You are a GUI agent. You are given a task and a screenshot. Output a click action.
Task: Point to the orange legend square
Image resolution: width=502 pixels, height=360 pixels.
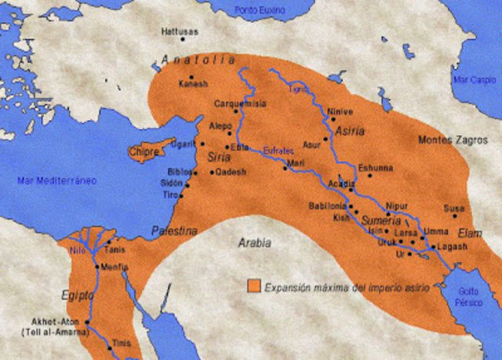[253, 287]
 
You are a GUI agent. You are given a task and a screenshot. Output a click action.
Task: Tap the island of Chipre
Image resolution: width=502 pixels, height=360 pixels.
[147, 151]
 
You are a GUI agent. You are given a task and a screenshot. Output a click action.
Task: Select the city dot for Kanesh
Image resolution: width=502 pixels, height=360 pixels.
[191, 76]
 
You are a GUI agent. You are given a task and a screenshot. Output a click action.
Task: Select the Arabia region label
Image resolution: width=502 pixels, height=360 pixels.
[254, 243]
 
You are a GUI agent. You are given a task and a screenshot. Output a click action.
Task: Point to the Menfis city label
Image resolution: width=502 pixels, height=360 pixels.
[114, 267]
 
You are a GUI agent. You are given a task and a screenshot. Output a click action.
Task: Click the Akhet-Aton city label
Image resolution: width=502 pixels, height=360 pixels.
[50, 322]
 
